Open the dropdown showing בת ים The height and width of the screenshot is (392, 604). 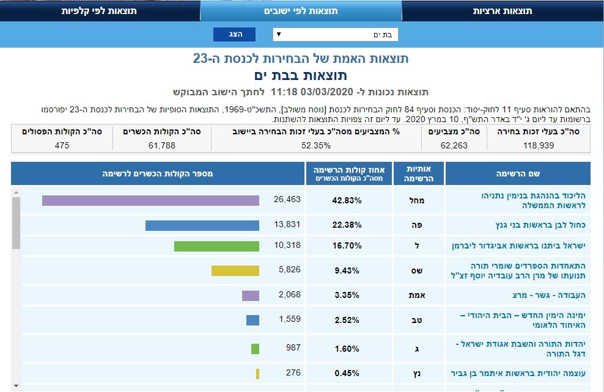[x=335, y=35]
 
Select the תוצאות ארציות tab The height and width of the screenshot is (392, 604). [x=503, y=11]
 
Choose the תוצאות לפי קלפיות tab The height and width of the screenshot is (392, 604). [x=99, y=11]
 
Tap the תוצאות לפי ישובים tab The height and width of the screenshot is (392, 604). [x=301, y=11]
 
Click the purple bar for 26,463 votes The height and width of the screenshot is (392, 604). [x=150, y=200]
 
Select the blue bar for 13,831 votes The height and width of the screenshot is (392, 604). [x=202, y=225]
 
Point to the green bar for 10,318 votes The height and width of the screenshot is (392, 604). [x=216, y=246]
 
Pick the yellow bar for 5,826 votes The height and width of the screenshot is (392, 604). [x=235, y=270]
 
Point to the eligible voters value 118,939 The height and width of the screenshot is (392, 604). [x=539, y=145]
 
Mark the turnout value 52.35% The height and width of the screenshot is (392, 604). [x=315, y=145]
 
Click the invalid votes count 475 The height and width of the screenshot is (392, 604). [x=61, y=145]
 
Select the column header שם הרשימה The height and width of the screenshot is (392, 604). [x=517, y=174]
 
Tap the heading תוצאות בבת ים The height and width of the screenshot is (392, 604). [x=300, y=75]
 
